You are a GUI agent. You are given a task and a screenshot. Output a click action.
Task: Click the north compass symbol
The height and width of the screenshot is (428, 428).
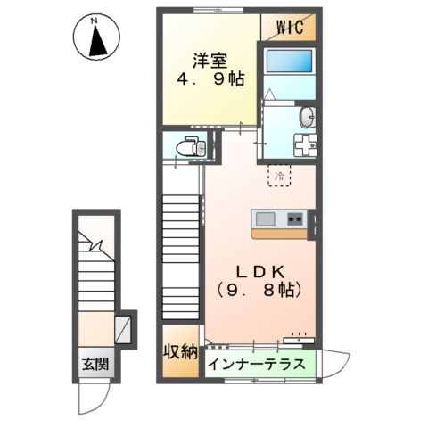(97, 38)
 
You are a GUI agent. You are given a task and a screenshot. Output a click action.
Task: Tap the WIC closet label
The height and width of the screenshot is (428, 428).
(290, 27)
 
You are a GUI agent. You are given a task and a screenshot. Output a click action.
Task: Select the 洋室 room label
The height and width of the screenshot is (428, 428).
(211, 62)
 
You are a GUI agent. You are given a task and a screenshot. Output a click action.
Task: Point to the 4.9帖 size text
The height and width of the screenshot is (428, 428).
(211, 80)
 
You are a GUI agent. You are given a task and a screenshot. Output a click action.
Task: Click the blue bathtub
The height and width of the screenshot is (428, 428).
(290, 62)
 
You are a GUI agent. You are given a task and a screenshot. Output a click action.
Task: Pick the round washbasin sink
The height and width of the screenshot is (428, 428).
(308, 116)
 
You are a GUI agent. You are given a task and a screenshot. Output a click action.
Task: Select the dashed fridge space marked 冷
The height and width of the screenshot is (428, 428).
(278, 176)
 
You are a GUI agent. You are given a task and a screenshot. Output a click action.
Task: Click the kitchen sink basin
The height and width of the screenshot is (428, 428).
(267, 218)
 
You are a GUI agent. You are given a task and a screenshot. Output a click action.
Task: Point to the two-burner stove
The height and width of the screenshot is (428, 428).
(295, 218)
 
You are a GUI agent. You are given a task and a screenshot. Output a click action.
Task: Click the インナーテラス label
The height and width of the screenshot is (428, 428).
(259, 365)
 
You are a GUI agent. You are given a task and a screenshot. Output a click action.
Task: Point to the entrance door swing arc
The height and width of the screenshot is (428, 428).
(100, 393)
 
